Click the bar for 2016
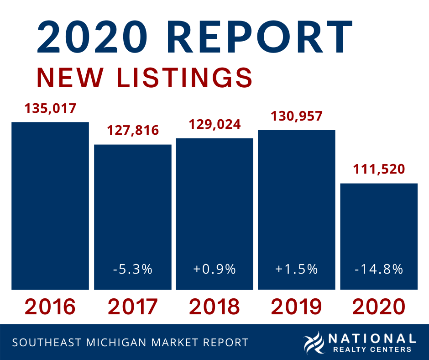[x=50, y=206]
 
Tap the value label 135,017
[x=50, y=109]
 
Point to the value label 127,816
[x=133, y=131]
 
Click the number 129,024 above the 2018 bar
[x=214, y=124]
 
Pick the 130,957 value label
[x=297, y=116]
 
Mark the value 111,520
[x=378, y=169]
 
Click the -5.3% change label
[x=133, y=269]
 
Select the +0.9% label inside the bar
[x=214, y=269]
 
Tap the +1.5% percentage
[x=297, y=269]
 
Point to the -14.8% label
[x=378, y=269]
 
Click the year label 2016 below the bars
[x=50, y=307]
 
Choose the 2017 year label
[x=133, y=307]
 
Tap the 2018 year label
[x=214, y=307]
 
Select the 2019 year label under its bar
[x=297, y=307]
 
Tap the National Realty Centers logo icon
[x=314, y=343]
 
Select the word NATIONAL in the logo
[x=372, y=339]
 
